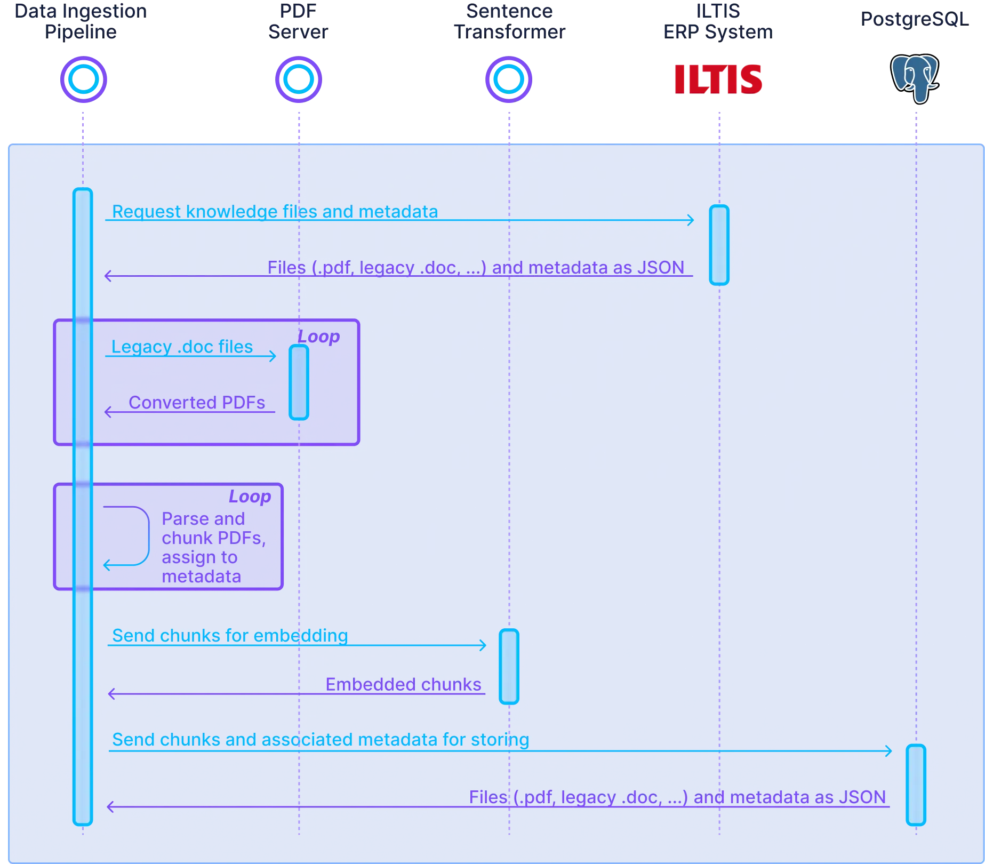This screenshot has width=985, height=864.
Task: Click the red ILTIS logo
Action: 718,79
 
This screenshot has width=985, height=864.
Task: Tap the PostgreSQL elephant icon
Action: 915,78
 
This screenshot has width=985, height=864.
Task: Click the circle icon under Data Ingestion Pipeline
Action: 83,79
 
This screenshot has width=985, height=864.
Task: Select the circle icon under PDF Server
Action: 298,79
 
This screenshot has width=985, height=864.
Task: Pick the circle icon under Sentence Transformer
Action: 509,79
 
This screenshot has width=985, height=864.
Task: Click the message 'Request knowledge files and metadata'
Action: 275,212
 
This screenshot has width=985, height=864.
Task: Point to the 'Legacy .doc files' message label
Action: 182,347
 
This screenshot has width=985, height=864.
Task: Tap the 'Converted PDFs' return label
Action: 197,402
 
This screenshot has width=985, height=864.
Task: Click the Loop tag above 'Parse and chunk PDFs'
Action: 250,497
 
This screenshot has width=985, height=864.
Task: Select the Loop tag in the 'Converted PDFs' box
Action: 318,337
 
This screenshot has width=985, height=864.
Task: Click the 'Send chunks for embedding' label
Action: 230,635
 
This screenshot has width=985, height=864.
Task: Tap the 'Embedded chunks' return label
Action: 403,684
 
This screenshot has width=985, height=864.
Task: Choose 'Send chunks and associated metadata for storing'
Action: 321,740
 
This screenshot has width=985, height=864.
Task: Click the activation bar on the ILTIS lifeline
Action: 719,244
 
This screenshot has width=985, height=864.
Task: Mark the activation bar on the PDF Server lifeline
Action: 299,382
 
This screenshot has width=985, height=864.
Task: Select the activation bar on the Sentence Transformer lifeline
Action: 509,667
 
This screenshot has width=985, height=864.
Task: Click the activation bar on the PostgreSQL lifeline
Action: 916,785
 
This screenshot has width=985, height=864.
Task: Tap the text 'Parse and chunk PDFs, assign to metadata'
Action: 213,547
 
